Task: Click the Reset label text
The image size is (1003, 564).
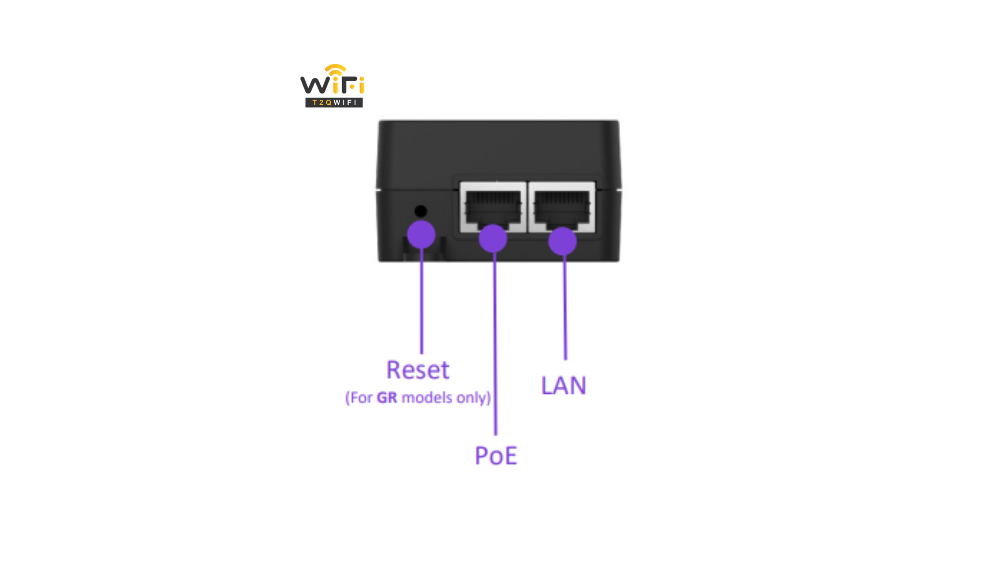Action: pos(418,370)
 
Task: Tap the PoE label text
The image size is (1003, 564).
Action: pos(496,455)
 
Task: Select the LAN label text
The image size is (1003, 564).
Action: pos(564,385)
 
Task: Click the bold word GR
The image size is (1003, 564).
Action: pos(387,398)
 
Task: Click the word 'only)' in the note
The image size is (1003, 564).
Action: pos(474,398)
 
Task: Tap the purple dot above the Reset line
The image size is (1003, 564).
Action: pos(421,234)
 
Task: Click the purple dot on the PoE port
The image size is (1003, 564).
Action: pos(493,239)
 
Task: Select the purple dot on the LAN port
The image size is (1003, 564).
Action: pos(563,241)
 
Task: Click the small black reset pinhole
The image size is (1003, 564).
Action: pos(421,211)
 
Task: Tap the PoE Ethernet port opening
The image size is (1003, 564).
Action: pos(493,207)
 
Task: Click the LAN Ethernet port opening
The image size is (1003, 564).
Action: pos(562,207)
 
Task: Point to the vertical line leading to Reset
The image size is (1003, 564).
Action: pos(422,301)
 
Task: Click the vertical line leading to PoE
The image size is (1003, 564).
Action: pos(495,344)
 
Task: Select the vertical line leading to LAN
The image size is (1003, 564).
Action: pos(565,308)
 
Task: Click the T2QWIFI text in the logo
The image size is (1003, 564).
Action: pos(334,102)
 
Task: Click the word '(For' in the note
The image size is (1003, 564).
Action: pos(359,398)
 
